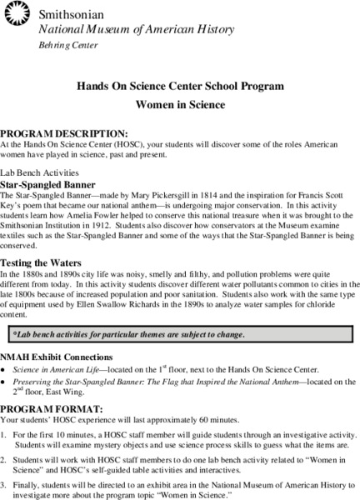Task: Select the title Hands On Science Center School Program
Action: tap(181, 86)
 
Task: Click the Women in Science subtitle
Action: tap(180, 107)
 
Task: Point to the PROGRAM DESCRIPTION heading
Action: tap(64, 133)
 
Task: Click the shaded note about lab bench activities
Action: tap(128, 335)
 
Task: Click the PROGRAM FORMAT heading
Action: tap(52, 409)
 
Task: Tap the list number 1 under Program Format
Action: tap(3, 435)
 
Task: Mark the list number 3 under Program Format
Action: tap(3, 484)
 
